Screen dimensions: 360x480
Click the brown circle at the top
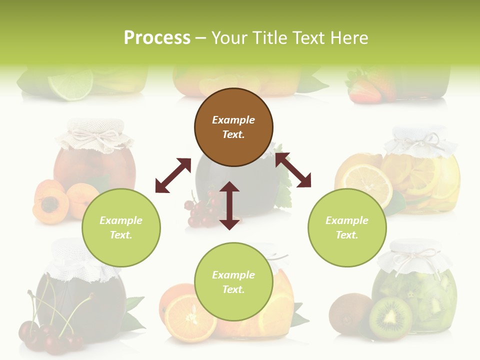click(233, 127)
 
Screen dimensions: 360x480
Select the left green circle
click(121, 227)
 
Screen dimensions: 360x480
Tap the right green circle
click(347, 227)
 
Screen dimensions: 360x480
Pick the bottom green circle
click(233, 282)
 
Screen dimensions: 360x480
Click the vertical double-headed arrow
click(229, 205)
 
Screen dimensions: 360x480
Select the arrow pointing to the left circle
click(173, 175)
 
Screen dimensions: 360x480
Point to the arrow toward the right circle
click(293, 170)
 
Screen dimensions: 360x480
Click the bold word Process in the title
click(157, 37)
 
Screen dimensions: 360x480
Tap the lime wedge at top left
click(71, 83)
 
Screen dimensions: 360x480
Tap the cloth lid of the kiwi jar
click(414, 259)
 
